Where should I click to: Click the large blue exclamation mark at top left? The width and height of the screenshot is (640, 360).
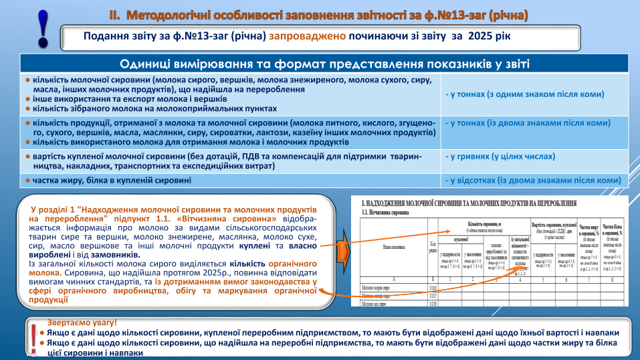[42, 29]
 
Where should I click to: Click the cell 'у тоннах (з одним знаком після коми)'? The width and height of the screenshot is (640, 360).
[525, 94]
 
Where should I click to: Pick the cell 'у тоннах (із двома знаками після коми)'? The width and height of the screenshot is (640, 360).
[528, 123]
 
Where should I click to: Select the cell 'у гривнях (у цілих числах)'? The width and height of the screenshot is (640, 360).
[500, 157]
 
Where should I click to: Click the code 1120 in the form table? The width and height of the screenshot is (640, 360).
[433, 302]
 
